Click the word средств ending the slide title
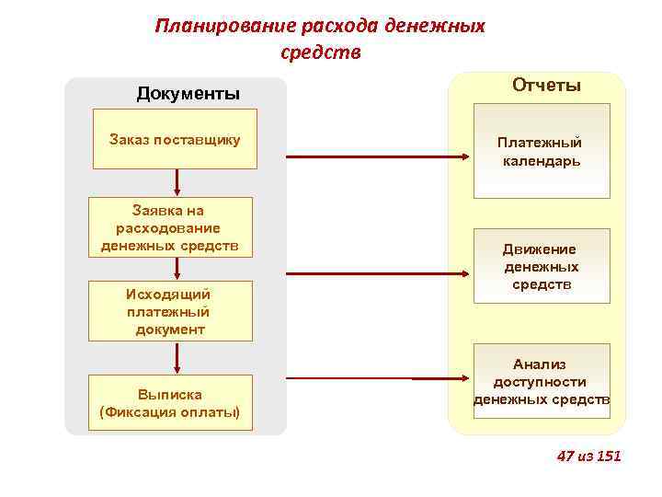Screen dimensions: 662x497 320,52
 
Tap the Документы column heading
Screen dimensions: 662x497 188,93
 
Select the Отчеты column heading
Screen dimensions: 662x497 546,86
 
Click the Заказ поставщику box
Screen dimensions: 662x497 175,140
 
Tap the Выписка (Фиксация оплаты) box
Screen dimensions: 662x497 169,402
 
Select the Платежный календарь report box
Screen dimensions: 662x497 541,151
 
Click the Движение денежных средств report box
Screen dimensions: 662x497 541,266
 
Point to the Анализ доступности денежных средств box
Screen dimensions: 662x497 541,382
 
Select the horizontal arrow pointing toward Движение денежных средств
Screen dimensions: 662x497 376,272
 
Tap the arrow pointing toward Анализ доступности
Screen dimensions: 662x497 376,378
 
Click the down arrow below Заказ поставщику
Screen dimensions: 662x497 176,182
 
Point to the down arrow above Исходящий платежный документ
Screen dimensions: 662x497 176,269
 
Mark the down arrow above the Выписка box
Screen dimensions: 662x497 176,357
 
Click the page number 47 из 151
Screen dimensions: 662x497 589,456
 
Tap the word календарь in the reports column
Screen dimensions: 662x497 541,161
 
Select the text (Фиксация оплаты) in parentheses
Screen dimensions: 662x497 169,411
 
